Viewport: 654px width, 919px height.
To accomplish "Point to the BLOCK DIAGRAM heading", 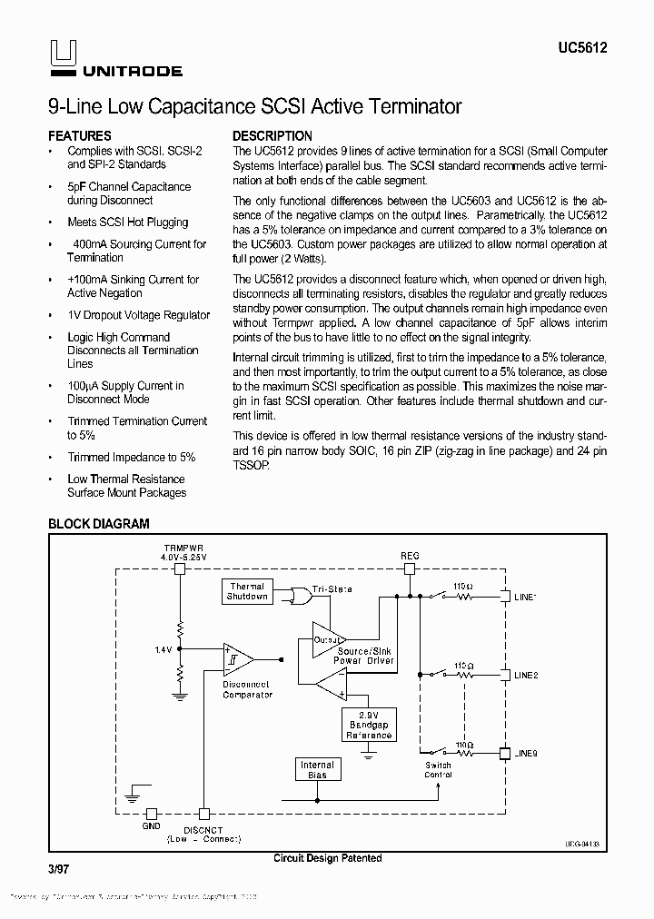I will pos(98,524).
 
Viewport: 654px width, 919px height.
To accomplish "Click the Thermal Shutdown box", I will pos(246,592).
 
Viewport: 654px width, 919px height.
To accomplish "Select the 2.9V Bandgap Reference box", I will pos(368,724).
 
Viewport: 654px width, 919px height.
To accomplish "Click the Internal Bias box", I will pos(317,770).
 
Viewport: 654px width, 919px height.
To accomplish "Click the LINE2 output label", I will pos(526,676).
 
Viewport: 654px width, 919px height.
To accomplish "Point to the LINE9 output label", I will pos(526,754).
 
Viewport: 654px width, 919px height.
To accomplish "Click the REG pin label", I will pos(410,554).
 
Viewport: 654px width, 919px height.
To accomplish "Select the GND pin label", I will pos(151,826).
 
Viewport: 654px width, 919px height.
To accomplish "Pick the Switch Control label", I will pos(438,770).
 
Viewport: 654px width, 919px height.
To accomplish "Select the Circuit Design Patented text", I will pos(327,858).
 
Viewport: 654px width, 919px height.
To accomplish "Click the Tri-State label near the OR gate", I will pos(332,589).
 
